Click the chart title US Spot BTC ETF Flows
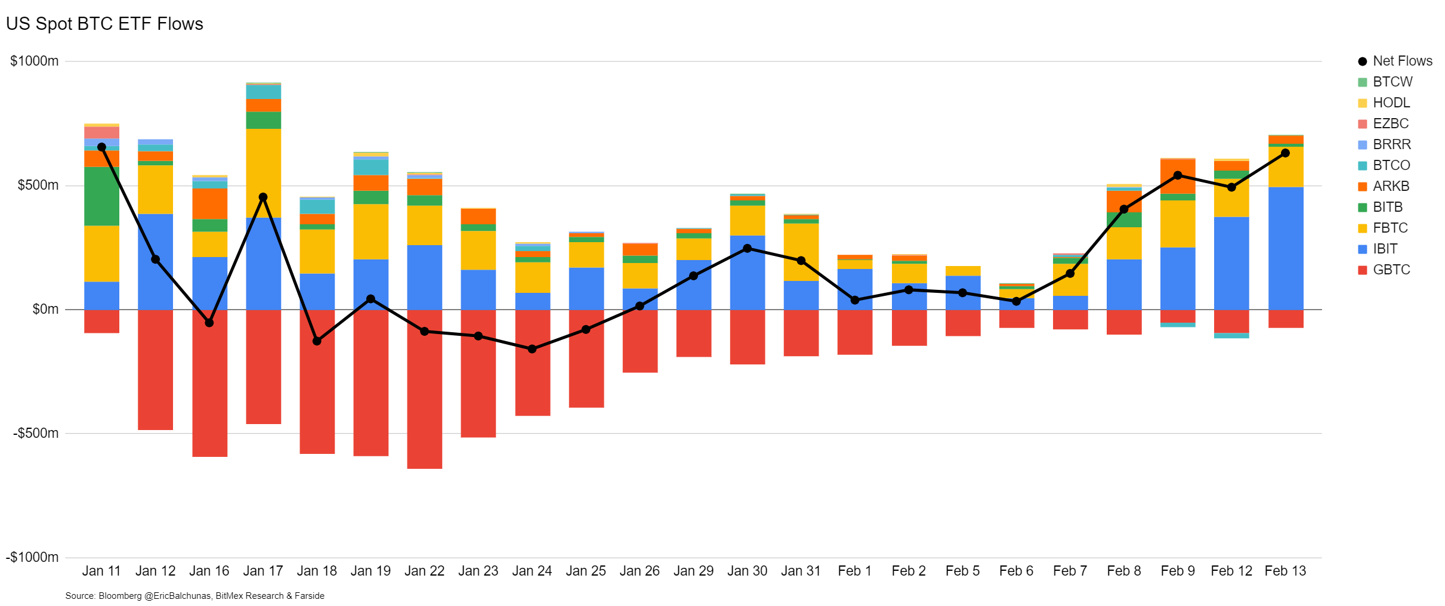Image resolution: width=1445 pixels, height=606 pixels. (104, 24)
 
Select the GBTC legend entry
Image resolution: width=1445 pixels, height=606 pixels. (1391, 270)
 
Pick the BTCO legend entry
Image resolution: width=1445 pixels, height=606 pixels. (1391, 165)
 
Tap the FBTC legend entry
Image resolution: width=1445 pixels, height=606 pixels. (1390, 228)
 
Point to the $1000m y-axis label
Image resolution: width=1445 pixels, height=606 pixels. (35, 61)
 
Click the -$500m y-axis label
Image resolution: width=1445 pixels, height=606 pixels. (36, 433)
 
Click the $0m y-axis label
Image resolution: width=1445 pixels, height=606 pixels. (45, 309)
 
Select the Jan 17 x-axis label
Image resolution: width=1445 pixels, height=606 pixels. (263, 571)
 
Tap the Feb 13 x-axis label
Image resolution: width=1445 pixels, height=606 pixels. (1285, 571)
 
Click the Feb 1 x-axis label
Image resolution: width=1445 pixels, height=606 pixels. (854, 571)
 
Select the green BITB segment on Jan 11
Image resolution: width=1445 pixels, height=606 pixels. (101, 196)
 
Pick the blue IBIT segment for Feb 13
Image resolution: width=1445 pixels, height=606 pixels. (1285, 248)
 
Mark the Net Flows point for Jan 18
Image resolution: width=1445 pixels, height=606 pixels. (317, 341)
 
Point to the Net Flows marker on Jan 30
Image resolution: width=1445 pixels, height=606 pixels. (747, 249)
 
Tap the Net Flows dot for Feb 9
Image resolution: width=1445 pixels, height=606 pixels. (1178, 175)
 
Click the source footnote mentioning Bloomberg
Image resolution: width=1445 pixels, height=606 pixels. (194, 596)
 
